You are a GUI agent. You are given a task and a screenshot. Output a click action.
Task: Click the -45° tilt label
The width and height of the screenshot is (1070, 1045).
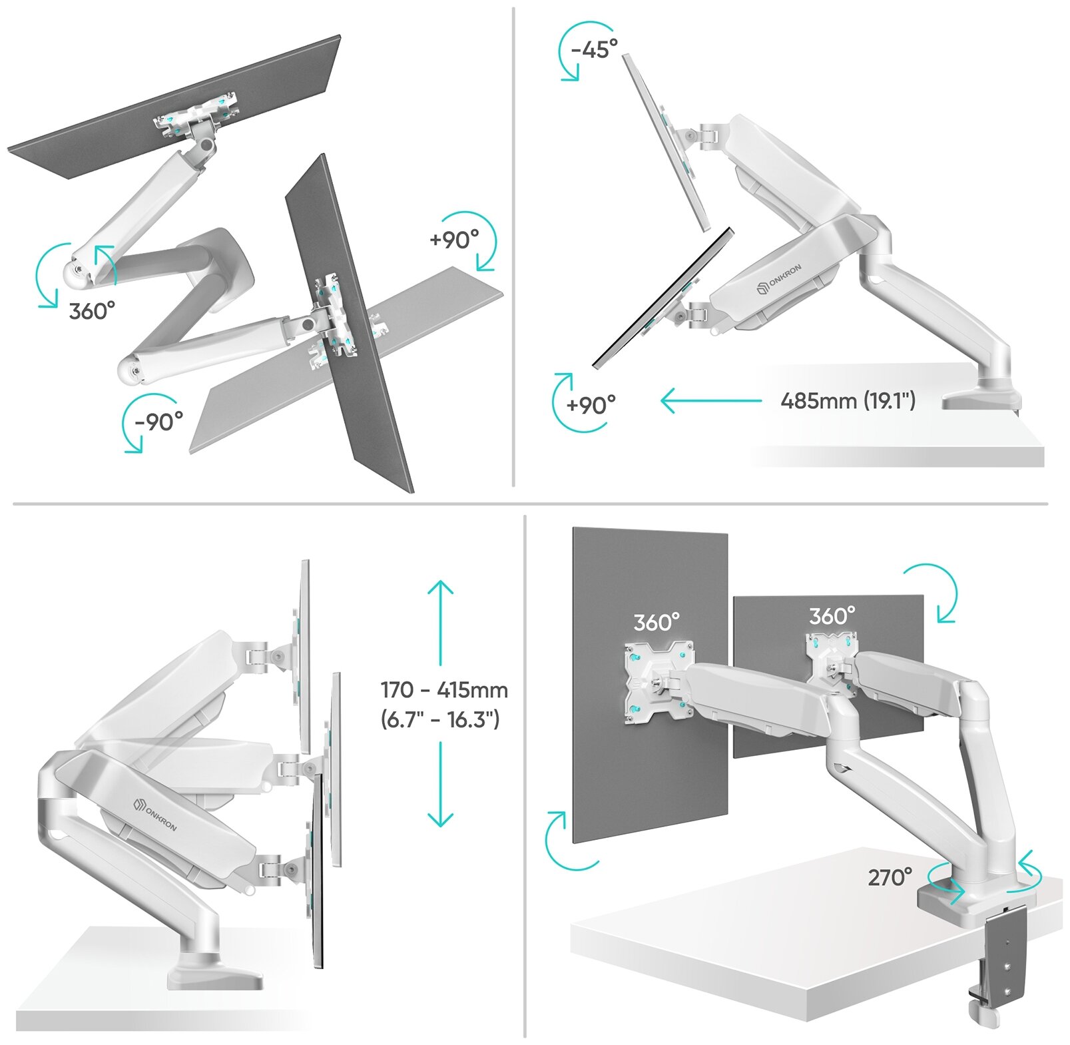[x=594, y=49]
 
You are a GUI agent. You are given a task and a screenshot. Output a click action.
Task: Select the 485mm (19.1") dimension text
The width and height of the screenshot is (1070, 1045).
[x=848, y=400]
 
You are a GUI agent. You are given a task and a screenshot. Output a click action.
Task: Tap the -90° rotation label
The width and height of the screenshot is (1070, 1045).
[x=158, y=421]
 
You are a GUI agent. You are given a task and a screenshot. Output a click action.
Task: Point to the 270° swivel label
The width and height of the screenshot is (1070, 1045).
[x=890, y=877]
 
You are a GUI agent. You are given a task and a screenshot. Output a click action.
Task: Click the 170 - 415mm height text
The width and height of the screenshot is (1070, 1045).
[x=444, y=690]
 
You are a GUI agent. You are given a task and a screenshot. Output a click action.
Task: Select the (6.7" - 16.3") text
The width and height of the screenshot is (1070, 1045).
[x=440, y=719]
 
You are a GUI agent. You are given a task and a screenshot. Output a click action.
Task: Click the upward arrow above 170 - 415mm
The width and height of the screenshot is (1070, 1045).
[x=440, y=623]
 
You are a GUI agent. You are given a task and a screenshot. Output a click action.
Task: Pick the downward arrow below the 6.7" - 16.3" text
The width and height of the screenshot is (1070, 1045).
[x=440, y=785]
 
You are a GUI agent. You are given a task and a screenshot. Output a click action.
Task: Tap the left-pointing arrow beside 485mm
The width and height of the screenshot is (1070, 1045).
[x=711, y=401]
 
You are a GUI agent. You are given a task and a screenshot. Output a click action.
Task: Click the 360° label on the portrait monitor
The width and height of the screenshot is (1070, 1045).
[x=657, y=622]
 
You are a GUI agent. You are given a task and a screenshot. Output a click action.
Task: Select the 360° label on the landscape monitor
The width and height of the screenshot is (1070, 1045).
[x=832, y=616]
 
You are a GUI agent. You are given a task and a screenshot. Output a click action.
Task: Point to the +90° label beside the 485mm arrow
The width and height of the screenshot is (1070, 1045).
[x=591, y=404]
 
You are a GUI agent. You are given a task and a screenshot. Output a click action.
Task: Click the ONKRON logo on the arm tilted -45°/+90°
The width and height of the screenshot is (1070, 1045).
[x=780, y=279]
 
